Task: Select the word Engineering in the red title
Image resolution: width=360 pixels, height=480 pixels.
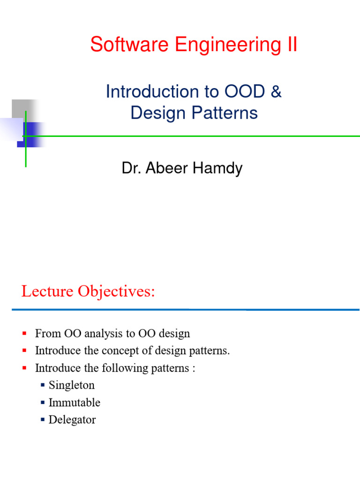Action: [229, 46]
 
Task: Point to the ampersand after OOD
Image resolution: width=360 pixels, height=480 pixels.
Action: [276, 91]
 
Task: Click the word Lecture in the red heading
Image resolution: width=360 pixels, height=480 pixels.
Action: [47, 292]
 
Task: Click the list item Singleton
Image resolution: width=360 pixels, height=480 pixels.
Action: [72, 385]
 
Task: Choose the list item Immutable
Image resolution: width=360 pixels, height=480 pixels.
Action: [75, 403]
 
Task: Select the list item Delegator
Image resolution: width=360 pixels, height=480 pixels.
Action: [72, 420]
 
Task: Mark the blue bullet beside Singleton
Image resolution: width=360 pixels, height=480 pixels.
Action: [43, 385]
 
